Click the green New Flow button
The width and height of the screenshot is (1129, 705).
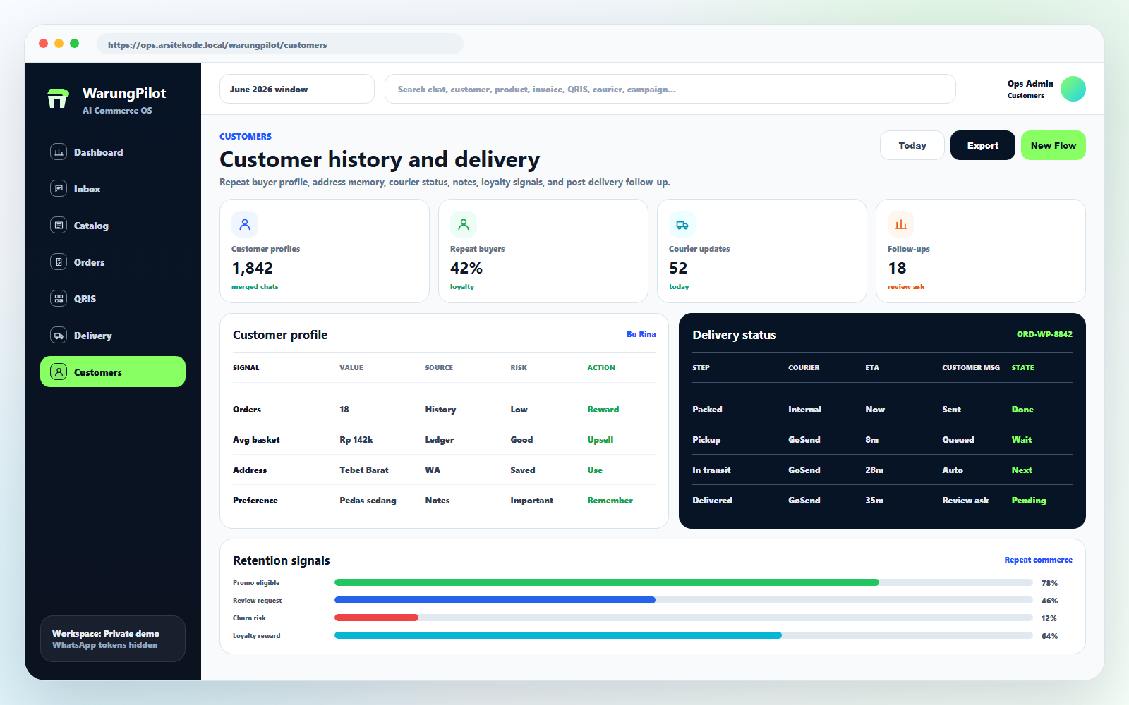[1053, 145]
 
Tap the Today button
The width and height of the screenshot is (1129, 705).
[912, 145]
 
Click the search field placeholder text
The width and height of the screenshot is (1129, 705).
[536, 89]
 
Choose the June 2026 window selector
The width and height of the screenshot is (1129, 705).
[297, 89]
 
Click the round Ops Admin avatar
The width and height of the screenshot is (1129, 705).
[1073, 89]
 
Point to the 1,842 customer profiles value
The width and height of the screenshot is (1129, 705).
[252, 269]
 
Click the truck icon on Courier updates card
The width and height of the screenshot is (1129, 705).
[682, 225]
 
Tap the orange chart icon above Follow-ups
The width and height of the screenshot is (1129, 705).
[900, 225]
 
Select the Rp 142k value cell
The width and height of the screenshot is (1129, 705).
[356, 440]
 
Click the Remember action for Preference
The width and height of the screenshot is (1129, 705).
[610, 500]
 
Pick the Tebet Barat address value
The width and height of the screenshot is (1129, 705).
[364, 470]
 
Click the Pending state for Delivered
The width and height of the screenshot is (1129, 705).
[1028, 500]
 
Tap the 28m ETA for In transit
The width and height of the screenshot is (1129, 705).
[874, 470]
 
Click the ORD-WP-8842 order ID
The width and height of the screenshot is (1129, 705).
[1044, 334]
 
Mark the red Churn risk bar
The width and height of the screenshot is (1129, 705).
[377, 618]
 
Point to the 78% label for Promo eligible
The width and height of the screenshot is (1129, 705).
[1049, 583]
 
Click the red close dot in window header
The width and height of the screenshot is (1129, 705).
[43, 44]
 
